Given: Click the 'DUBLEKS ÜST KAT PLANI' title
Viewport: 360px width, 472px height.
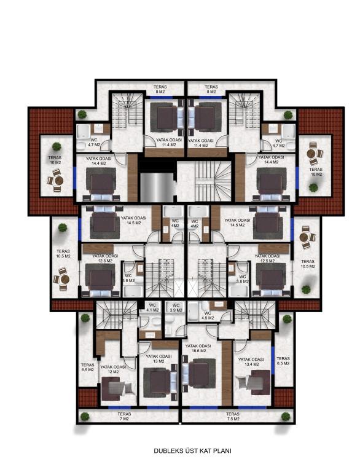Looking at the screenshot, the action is (x=192, y=450).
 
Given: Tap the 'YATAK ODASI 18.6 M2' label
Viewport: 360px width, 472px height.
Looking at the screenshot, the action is (x=198, y=348).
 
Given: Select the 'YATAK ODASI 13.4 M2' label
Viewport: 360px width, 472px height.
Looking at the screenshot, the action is (x=251, y=362).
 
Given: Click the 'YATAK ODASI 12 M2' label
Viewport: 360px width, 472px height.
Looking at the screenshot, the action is (x=113, y=369).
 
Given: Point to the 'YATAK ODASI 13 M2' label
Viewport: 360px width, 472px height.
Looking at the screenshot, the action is (x=158, y=358).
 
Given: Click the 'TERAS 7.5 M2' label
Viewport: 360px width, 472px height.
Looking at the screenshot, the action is (x=233, y=416).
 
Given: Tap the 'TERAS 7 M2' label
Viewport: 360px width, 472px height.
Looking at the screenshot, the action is (x=124, y=416).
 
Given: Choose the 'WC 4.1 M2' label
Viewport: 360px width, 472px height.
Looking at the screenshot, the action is (x=152, y=308).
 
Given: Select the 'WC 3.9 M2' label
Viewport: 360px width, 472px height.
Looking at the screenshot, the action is (x=176, y=308).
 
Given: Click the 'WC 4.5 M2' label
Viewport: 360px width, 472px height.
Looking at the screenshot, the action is (x=208, y=315).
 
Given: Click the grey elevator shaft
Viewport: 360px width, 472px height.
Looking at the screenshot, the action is (x=157, y=187).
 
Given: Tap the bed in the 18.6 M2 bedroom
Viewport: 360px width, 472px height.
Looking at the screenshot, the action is (x=198, y=373).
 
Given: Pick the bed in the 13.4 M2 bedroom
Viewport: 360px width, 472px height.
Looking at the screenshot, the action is (x=254, y=382).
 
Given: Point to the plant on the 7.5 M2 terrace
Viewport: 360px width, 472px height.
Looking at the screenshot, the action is (x=286, y=417).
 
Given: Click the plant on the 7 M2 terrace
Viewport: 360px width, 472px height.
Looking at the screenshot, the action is (x=85, y=417).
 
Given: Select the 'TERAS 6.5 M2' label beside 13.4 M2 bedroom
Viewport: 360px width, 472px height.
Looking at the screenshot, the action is (x=283, y=361).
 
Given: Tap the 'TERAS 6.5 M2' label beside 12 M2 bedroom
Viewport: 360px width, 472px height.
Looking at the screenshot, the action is (x=88, y=368).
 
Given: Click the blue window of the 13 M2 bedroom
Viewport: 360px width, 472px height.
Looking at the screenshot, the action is (x=158, y=407).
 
